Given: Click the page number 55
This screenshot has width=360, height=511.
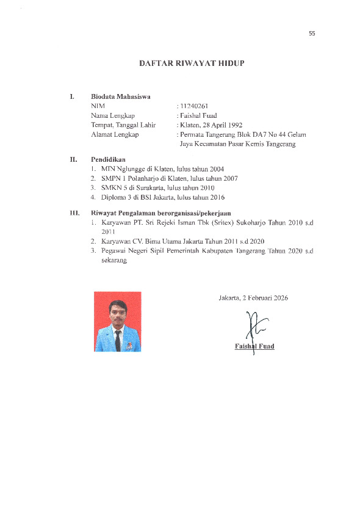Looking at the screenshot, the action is click(312, 34).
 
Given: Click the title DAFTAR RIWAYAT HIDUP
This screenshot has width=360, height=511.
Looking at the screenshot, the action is click(179, 63).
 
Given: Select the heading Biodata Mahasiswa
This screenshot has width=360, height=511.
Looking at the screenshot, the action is click(120, 96).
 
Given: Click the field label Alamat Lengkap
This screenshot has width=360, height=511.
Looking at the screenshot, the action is click(115, 134).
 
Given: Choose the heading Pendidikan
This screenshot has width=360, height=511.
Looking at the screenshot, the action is click(108, 159).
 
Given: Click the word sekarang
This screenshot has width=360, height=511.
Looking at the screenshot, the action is click(113, 260).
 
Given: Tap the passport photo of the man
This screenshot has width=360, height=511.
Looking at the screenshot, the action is click(117, 321).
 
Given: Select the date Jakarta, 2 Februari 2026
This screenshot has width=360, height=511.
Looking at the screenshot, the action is click(253, 298).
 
